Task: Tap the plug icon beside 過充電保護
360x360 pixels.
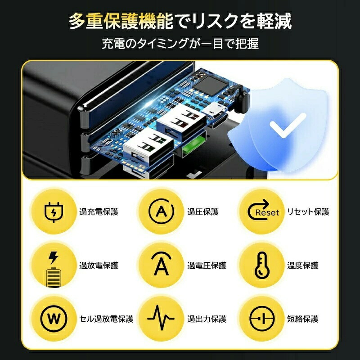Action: point(54,212)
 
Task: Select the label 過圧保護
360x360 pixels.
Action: point(203,211)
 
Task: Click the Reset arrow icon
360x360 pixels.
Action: point(263,209)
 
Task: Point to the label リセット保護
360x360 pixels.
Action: point(308,211)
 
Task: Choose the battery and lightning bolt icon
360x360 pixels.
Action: point(54,270)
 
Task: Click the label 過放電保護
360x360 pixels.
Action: point(99,265)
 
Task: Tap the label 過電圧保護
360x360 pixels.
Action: point(207,265)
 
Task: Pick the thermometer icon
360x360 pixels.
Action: point(262,265)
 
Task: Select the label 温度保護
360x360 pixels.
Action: point(302,265)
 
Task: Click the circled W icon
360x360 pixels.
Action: point(54,319)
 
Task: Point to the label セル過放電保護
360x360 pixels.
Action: point(106,319)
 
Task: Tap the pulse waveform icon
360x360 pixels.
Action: point(161,318)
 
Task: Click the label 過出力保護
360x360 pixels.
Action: point(207,319)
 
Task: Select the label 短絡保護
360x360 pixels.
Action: point(302,319)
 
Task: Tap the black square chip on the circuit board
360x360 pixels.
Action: point(211,86)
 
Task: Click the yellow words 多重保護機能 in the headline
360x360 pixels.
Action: point(121,21)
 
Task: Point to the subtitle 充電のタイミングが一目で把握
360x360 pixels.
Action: point(180,44)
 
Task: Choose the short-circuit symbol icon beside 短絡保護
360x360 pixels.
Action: point(262,319)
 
